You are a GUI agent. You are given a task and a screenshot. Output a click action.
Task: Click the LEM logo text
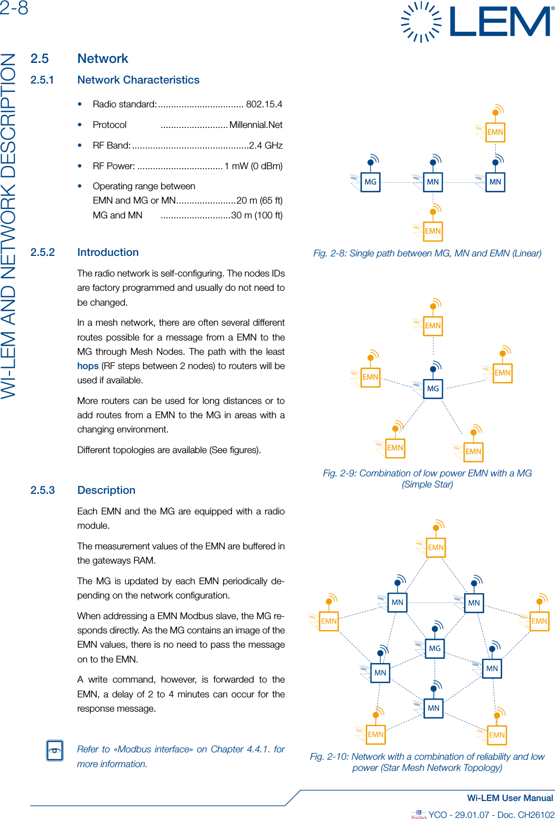(x=499, y=22)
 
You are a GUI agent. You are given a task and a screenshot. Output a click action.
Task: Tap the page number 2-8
(x=14, y=8)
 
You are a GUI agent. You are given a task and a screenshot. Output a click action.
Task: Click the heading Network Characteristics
(x=138, y=80)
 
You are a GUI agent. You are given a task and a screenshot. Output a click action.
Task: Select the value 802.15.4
(x=264, y=104)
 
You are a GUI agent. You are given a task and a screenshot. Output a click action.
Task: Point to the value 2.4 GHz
(x=266, y=145)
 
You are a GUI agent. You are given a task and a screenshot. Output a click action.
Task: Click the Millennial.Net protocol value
(x=256, y=125)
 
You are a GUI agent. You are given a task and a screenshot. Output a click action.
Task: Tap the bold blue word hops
(x=88, y=366)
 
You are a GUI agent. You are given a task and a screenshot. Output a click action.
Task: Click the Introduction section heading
(x=108, y=252)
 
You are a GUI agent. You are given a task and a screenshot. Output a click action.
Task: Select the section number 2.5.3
(x=42, y=490)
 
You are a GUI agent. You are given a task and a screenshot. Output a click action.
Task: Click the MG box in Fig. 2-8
(x=371, y=182)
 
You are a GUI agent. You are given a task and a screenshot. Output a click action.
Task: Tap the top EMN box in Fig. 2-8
(x=495, y=132)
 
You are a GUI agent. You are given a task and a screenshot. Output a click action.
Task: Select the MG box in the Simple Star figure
(x=433, y=389)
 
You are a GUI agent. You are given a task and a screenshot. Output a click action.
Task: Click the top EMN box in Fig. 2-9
(x=433, y=326)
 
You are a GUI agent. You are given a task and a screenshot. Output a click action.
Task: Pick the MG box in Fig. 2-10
(x=434, y=648)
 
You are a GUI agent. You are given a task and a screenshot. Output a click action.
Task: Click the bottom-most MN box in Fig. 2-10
(x=433, y=708)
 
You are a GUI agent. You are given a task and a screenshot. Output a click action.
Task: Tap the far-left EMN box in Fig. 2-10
(x=329, y=621)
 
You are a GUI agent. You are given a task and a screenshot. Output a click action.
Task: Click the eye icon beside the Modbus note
(x=55, y=750)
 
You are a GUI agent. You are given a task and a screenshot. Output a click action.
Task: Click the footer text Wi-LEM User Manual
(x=510, y=798)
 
